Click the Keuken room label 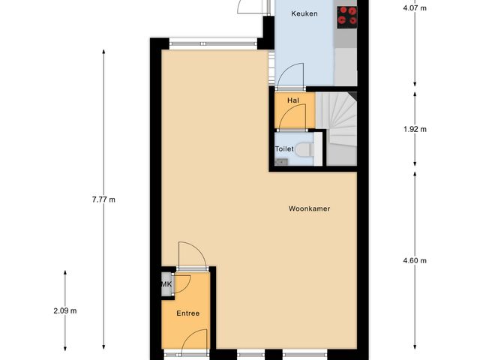(x=304, y=14)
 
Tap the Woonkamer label (x=310, y=209)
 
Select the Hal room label (x=293, y=99)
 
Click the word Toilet (x=284, y=149)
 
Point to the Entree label (x=187, y=313)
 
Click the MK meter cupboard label (x=166, y=285)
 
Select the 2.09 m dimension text (x=65, y=310)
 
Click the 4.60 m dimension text (x=414, y=260)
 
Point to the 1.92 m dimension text (x=414, y=129)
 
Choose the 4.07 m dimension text (x=414, y=8)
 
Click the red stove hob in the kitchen (x=346, y=16)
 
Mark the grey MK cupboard (x=166, y=285)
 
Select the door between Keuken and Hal (x=289, y=78)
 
